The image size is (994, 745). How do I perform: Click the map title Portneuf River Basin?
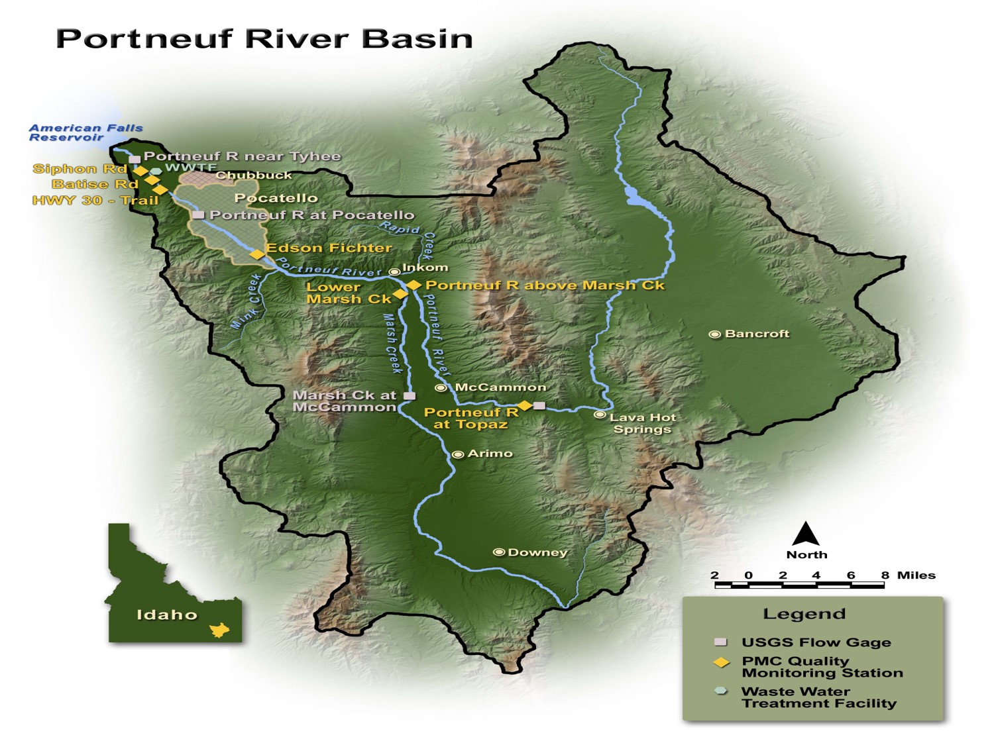(x=264, y=38)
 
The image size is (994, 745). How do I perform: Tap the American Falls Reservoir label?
(x=85, y=132)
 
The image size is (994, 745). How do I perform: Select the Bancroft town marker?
(x=714, y=334)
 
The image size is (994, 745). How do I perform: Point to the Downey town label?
(x=537, y=552)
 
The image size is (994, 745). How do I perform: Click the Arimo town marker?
(x=457, y=454)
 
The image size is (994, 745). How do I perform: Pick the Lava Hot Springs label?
(x=642, y=423)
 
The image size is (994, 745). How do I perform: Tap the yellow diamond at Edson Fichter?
(x=256, y=254)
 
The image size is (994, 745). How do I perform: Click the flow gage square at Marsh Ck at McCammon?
(x=410, y=396)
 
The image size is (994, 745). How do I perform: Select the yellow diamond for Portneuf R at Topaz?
(x=524, y=405)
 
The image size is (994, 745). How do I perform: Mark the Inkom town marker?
(x=394, y=272)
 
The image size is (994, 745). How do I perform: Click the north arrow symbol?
(x=806, y=534)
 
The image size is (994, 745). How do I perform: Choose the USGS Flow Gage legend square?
(x=720, y=642)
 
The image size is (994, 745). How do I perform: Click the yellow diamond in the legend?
(x=720, y=662)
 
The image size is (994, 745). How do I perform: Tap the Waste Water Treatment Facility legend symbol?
(x=720, y=691)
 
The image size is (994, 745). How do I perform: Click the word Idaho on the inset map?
(x=167, y=615)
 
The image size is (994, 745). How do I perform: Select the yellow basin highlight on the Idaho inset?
(x=219, y=630)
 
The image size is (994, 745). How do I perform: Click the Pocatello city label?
(x=276, y=198)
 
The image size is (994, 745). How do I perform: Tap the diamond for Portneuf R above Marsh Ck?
(x=414, y=285)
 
